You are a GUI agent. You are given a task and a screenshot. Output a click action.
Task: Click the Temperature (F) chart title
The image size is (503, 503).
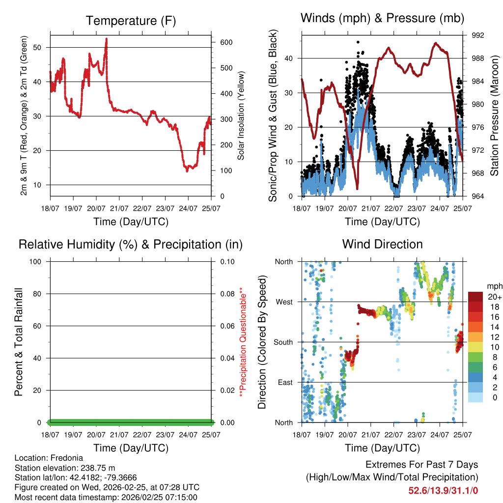click(x=131, y=21)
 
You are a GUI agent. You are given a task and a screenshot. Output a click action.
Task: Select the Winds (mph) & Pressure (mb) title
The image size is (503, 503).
click(x=382, y=18)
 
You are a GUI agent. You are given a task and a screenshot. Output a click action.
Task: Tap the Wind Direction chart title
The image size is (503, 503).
click(x=382, y=244)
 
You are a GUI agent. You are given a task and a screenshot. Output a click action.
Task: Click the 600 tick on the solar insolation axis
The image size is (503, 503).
click(x=226, y=42)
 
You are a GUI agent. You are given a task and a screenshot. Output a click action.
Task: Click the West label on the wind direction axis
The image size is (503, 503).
click(x=283, y=302)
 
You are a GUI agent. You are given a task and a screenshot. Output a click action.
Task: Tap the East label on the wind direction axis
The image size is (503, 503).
click(x=284, y=382)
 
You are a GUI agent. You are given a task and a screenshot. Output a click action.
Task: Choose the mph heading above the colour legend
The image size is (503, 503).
click(x=494, y=286)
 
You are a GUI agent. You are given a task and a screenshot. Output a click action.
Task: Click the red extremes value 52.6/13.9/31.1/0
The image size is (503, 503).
click(x=443, y=490)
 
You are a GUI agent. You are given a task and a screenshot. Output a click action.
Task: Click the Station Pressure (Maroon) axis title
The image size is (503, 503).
click(x=495, y=116)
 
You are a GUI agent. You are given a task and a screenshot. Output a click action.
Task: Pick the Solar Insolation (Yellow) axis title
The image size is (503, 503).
click(x=241, y=116)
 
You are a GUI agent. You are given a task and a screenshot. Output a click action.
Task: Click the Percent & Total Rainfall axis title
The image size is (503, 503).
click(x=18, y=342)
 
